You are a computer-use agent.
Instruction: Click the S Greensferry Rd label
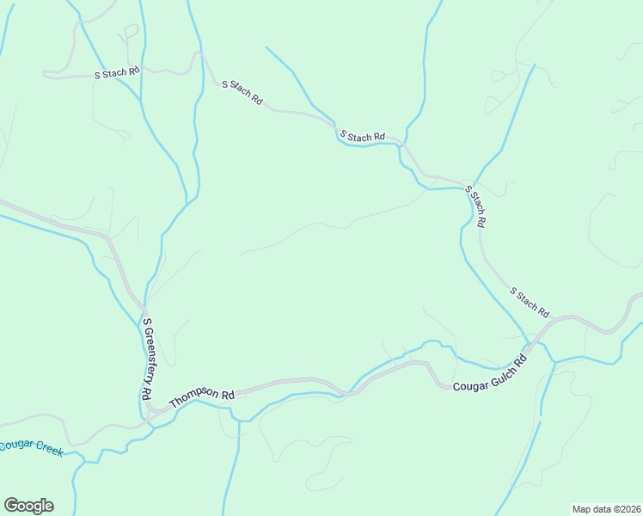(x=147, y=359)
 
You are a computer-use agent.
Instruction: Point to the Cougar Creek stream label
(x=31, y=447)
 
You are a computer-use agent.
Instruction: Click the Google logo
(x=28, y=506)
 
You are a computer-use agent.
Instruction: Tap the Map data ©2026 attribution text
(x=606, y=508)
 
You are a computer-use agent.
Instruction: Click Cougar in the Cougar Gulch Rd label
(x=468, y=384)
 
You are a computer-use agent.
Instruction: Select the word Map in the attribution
(x=582, y=508)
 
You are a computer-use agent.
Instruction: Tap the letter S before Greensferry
(x=148, y=322)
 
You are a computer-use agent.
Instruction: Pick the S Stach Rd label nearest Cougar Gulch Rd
(x=529, y=301)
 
